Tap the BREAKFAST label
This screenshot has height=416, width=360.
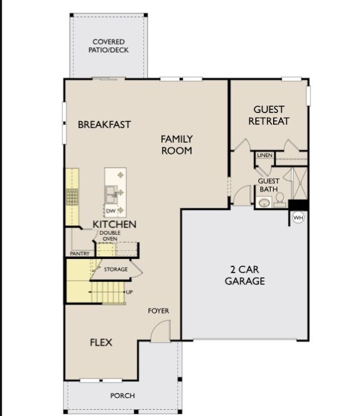[x=104, y=124]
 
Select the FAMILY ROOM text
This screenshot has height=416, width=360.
[x=176, y=145]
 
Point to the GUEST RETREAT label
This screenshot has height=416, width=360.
[x=269, y=115]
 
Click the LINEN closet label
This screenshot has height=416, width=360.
[x=264, y=155]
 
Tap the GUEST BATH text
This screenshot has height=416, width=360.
[x=268, y=185]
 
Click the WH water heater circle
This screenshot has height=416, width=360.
[x=298, y=218]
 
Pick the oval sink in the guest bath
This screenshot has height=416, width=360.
[x=264, y=202]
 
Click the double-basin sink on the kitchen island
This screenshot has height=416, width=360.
[x=112, y=194]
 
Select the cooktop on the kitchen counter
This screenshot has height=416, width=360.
[x=71, y=197]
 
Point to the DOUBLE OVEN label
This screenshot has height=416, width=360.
[x=110, y=236]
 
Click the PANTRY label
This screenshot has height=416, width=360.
[x=79, y=253]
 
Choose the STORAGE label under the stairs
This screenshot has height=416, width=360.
[x=115, y=269]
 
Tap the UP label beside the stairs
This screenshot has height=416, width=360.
[x=129, y=292]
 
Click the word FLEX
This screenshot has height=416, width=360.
[x=101, y=342]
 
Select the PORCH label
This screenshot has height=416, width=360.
[x=123, y=396]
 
